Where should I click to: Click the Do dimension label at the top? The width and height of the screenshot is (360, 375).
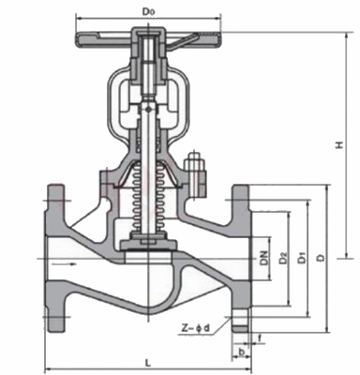pyautogui.click(x=149, y=11)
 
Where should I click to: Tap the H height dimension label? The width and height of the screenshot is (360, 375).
pyautogui.click(x=339, y=145)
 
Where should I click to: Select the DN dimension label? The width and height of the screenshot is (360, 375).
pyautogui.click(x=265, y=258)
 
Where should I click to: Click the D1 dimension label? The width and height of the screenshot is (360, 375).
pyautogui.click(x=301, y=259)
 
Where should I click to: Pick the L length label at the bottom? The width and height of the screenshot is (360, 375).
pyautogui.click(x=148, y=363)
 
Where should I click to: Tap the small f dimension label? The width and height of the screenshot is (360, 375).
pyautogui.click(x=260, y=337)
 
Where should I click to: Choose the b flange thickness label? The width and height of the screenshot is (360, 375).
pyautogui.click(x=241, y=352)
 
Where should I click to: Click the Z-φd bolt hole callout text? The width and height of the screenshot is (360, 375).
pyautogui.click(x=196, y=328)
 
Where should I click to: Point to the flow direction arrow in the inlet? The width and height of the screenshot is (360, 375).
pyautogui.click(x=64, y=264)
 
